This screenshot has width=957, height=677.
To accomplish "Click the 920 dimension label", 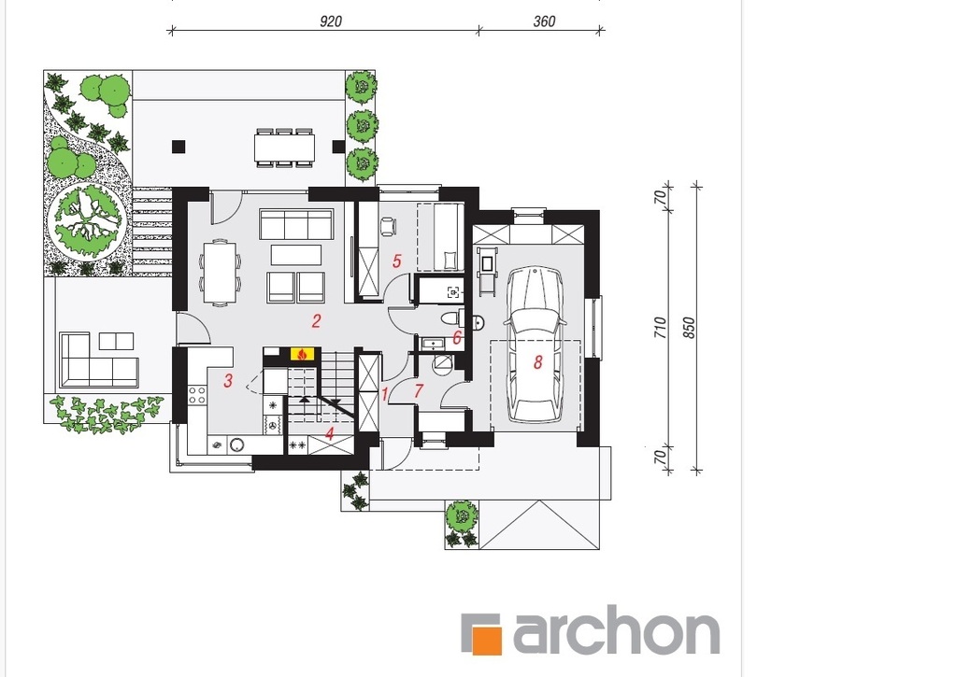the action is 331,21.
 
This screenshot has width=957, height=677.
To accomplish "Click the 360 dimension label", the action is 544,21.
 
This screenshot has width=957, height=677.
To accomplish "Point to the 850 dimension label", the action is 689,328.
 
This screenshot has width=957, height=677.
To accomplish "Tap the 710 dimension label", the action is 660,328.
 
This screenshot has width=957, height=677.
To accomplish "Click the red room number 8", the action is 537,362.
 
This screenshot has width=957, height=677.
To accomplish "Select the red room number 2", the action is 316,321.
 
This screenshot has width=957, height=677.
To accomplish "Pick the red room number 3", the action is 228,381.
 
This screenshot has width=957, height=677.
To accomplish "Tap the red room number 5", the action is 396,261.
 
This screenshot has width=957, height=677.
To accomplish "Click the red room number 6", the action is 456,337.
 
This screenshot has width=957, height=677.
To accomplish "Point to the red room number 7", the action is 418,390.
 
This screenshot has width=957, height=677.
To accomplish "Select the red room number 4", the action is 330,434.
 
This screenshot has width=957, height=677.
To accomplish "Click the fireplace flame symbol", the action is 302,354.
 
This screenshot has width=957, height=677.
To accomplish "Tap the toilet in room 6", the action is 450,317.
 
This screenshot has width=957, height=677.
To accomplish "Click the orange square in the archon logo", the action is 488,640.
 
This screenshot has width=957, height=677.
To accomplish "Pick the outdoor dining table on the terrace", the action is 284,148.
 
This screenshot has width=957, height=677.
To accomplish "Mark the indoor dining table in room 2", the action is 220,272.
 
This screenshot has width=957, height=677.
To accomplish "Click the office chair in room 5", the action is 388,226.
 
